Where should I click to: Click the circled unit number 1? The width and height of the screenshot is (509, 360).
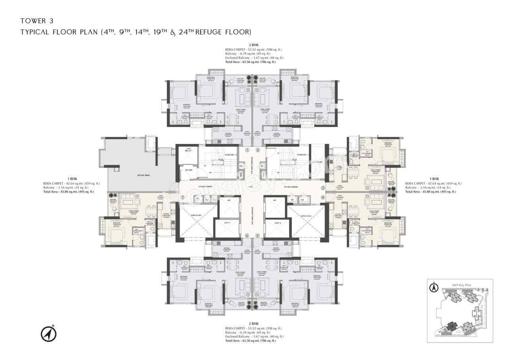247,150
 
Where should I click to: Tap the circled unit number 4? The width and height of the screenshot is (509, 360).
323,197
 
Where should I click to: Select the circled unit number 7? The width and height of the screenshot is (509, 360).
183,197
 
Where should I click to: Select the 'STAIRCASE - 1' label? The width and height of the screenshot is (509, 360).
303,155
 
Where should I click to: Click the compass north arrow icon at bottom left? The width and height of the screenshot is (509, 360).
49,334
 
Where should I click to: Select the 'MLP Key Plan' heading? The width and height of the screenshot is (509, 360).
462,285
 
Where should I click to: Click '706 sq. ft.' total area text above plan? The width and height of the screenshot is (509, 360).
268,62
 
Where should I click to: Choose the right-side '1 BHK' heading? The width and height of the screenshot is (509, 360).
434,179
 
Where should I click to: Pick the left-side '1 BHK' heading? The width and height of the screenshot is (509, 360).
72,179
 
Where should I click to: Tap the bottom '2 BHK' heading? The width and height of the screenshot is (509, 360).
254,324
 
